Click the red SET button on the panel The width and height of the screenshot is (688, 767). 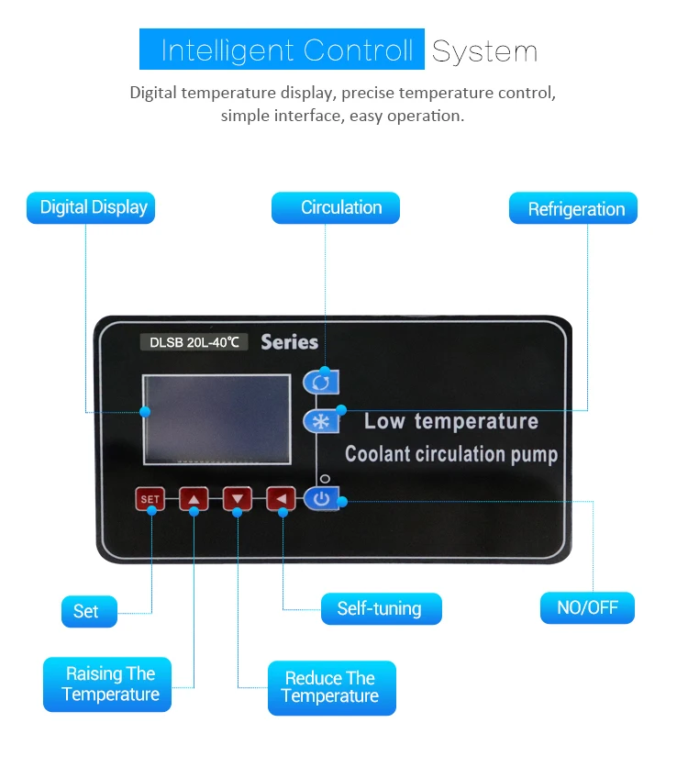point(150,499)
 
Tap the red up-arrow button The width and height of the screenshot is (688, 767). point(194,499)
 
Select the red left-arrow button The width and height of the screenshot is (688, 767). point(281,499)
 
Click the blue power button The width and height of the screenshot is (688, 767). point(321,499)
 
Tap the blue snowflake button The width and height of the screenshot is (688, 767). point(321,421)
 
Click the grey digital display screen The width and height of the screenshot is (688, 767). point(216,419)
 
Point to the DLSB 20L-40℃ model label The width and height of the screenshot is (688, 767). point(194,342)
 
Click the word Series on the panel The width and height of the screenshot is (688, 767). point(290,342)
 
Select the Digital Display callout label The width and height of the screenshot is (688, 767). point(91,208)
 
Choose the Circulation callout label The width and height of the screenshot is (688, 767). point(336,208)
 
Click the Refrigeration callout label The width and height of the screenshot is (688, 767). point(573,208)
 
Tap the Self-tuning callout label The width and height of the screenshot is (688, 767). point(382,608)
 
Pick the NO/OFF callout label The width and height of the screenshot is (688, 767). point(587,607)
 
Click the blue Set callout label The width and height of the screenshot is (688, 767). point(89,611)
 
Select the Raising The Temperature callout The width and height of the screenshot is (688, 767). point(107,684)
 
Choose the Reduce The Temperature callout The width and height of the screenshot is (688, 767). point(332,688)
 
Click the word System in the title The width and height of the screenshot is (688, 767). point(484,51)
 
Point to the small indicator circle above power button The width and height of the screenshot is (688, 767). point(325,478)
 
